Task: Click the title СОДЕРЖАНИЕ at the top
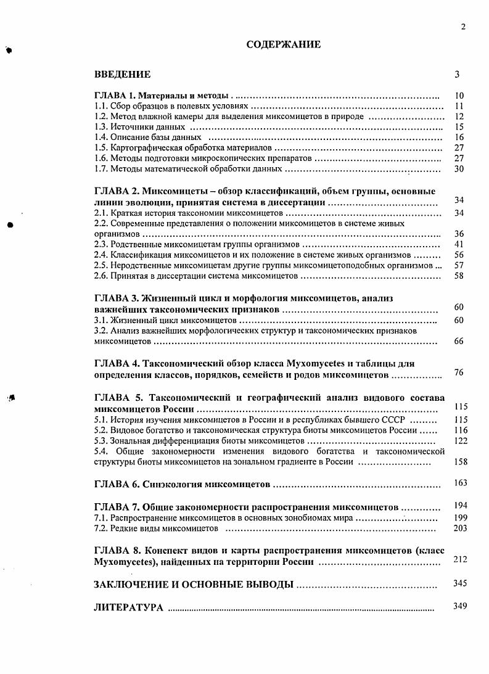point(283,44)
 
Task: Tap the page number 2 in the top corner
point(462,26)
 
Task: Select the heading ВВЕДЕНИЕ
point(122,75)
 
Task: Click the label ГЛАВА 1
point(114,96)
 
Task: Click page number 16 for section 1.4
point(458,137)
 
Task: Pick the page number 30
point(458,168)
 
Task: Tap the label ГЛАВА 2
point(114,191)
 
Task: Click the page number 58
point(458,276)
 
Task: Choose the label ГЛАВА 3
point(114,298)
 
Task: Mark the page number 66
point(458,341)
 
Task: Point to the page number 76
point(458,372)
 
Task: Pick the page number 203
point(461,528)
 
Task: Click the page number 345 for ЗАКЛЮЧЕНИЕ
point(461,583)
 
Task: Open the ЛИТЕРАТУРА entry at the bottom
point(128,607)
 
